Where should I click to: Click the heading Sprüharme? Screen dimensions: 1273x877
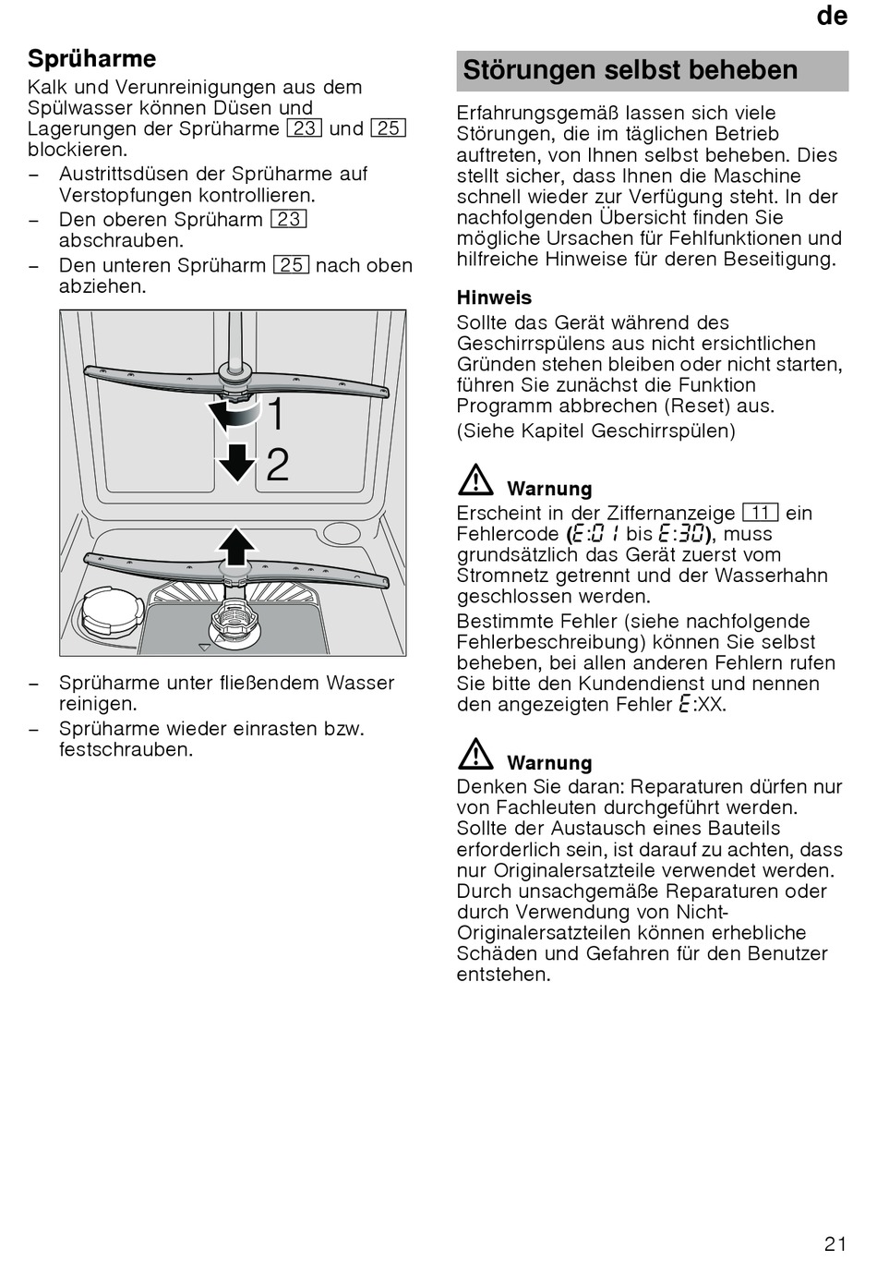[91, 59]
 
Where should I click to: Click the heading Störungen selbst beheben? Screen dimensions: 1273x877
[630, 70]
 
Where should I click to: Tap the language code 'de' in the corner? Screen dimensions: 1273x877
[832, 16]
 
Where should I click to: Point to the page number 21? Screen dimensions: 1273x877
[835, 1243]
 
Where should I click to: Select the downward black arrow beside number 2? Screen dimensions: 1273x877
[237, 462]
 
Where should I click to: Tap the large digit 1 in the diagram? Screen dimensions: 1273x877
[275, 413]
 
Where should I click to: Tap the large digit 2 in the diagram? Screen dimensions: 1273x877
[277, 465]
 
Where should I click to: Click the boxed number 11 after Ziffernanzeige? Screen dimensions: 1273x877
[760, 513]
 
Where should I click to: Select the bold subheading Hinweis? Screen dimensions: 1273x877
[494, 297]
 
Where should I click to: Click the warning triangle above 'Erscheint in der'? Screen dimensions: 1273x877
[475, 481]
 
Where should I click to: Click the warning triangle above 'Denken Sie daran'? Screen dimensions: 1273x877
[475, 756]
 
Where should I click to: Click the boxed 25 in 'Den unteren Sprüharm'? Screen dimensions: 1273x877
[291, 265]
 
